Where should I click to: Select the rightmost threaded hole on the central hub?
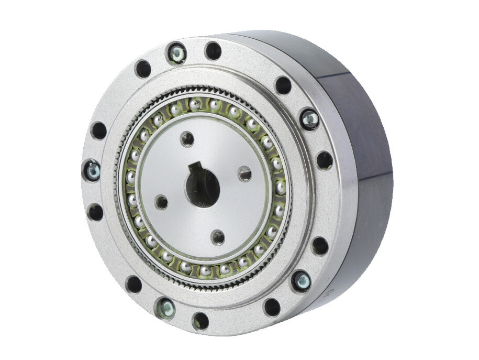click(244, 173)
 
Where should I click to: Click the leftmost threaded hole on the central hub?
click(162, 202)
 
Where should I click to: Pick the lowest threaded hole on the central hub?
click(218, 237)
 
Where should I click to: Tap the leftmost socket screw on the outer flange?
click(92, 170)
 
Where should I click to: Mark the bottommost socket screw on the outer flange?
click(165, 308)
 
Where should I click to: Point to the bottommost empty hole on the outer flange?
click(200, 321)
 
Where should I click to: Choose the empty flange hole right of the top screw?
click(213, 50)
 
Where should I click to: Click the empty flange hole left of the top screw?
click(143, 69)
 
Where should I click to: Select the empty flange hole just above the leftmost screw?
click(98, 130)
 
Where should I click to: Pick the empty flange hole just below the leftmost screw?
click(95, 212)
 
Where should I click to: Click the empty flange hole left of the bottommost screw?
click(133, 284)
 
